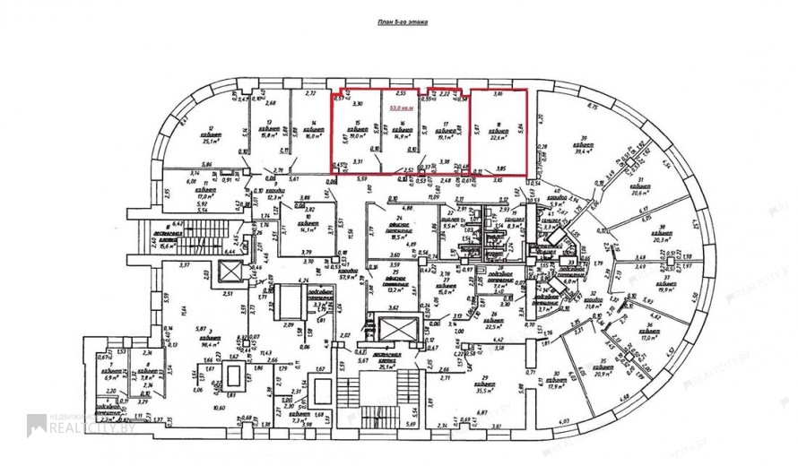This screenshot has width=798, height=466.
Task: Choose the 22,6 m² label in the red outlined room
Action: [498, 137]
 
